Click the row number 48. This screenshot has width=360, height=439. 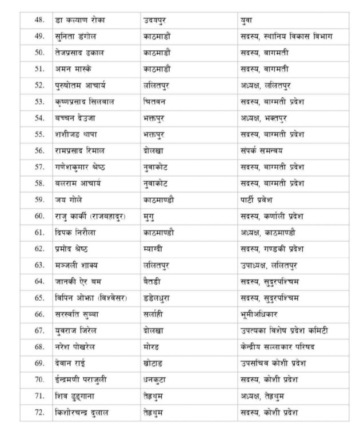pyautogui.click(x=39, y=20)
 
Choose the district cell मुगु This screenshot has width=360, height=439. pyautogui.click(x=150, y=216)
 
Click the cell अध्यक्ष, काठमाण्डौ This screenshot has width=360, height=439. pyautogui.click(x=268, y=232)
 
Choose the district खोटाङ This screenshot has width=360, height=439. pyautogui.click(x=155, y=363)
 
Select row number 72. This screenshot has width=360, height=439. pyautogui.click(x=39, y=412)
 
